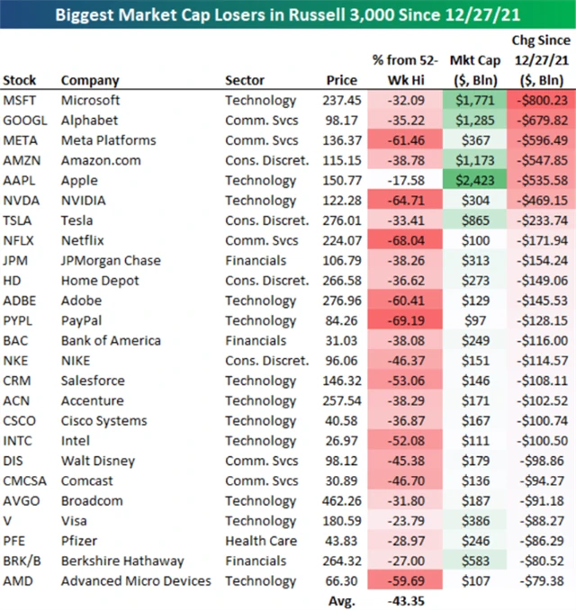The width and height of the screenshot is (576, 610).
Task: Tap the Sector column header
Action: coord(245,80)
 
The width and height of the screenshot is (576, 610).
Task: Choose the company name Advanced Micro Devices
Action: coord(134,580)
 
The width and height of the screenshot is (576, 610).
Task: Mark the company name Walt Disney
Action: coord(98,461)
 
